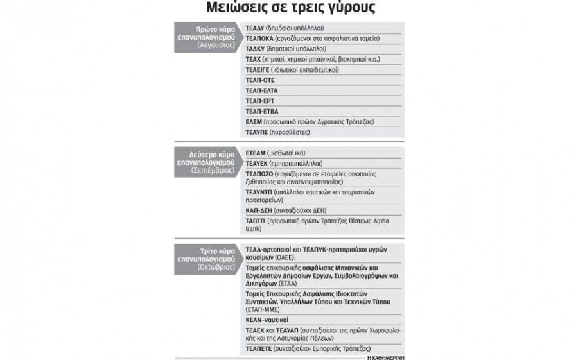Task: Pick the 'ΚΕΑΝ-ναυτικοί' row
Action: point(267,319)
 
